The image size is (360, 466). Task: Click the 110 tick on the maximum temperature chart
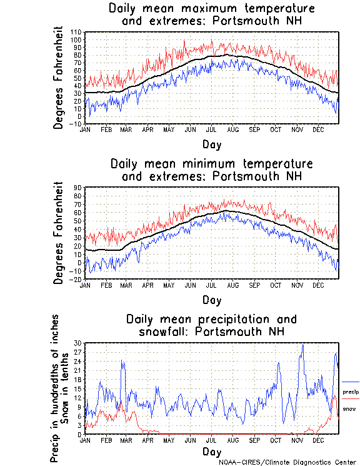click(77, 32)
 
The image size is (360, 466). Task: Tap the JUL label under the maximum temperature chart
click(212, 129)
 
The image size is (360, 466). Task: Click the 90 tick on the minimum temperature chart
click(78, 187)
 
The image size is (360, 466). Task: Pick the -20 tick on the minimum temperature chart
click(77, 280)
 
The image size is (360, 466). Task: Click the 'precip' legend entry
click(351, 392)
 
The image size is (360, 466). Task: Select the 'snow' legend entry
click(350, 408)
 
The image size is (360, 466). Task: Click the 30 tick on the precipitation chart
click(78, 343)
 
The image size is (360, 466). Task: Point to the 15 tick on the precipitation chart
click(78, 388)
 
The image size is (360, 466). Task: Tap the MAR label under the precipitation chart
click(127, 440)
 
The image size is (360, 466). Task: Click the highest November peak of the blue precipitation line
click(303, 344)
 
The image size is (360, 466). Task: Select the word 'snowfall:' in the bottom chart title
click(161, 331)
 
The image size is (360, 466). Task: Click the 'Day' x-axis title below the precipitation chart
click(212, 451)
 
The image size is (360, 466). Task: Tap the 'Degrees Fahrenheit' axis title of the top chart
click(59, 78)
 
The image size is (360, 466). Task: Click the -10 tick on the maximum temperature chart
click(77, 124)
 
